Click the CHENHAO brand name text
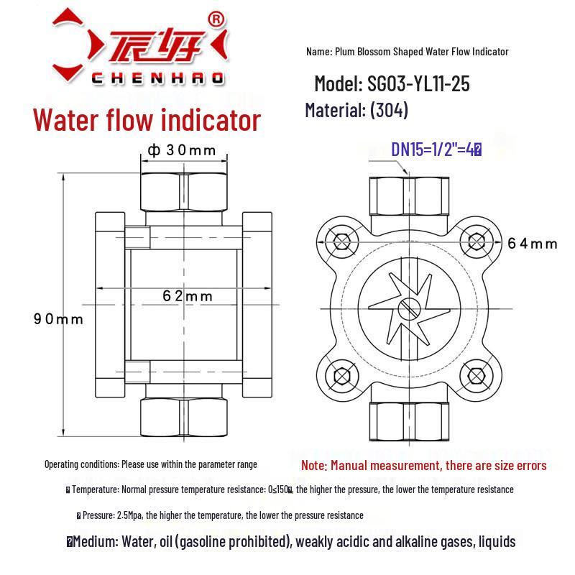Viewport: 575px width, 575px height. [158, 77]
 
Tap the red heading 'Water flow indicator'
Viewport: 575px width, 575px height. [147, 119]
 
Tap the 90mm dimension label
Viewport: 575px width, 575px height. [58, 318]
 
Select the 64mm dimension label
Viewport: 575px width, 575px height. [532, 244]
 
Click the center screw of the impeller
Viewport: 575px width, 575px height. [407, 308]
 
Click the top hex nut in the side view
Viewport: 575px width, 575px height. [183, 190]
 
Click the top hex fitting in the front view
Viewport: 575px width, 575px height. [408, 195]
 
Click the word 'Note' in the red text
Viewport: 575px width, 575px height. [313, 466]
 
